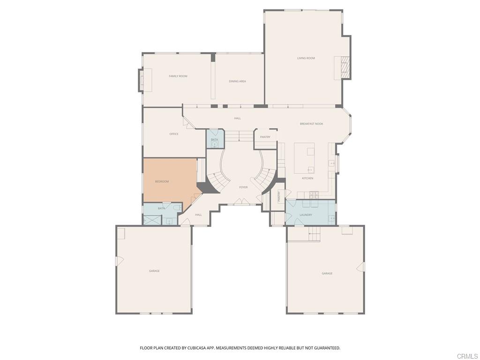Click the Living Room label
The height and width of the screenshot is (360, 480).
pyautogui.click(x=306, y=58)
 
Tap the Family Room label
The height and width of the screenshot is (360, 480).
pyautogui.click(x=178, y=76)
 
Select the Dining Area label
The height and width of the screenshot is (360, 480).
pyautogui.click(x=237, y=82)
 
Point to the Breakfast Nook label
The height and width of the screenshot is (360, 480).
pyautogui.click(x=311, y=124)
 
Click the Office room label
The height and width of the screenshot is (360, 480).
pyautogui.click(x=174, y=134)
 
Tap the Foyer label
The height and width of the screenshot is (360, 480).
pyautogui.click(x=243, y=187)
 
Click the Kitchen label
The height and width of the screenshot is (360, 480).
pyautogui.click(x=307, y=178)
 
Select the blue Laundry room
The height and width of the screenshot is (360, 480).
pyautogui.click(x=310, y=212)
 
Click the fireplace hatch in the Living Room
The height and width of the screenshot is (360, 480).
pyautogui.click(x=345, y=67)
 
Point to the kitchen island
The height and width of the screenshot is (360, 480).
pyautogui.click(x=304, y=158)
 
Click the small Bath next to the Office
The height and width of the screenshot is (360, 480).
pyautogui.click(x=215, y=139)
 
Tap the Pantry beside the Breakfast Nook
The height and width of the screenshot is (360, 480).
pyautogui.click(x=265, y=139)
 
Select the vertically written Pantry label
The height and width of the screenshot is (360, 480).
pyautogui.click(x=279, y=196)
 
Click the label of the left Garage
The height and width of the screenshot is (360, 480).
pyautogui.click(x=154, y=271)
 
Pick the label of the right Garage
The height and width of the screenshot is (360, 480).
pyautogui.click(x=327, y=273)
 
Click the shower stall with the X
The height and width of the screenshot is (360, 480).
pyautogui.click(x=152, y=220)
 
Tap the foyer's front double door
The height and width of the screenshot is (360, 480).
pyautogui.click(x=241, y=202)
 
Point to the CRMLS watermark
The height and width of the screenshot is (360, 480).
pyautogui.click(x=468, y=356)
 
